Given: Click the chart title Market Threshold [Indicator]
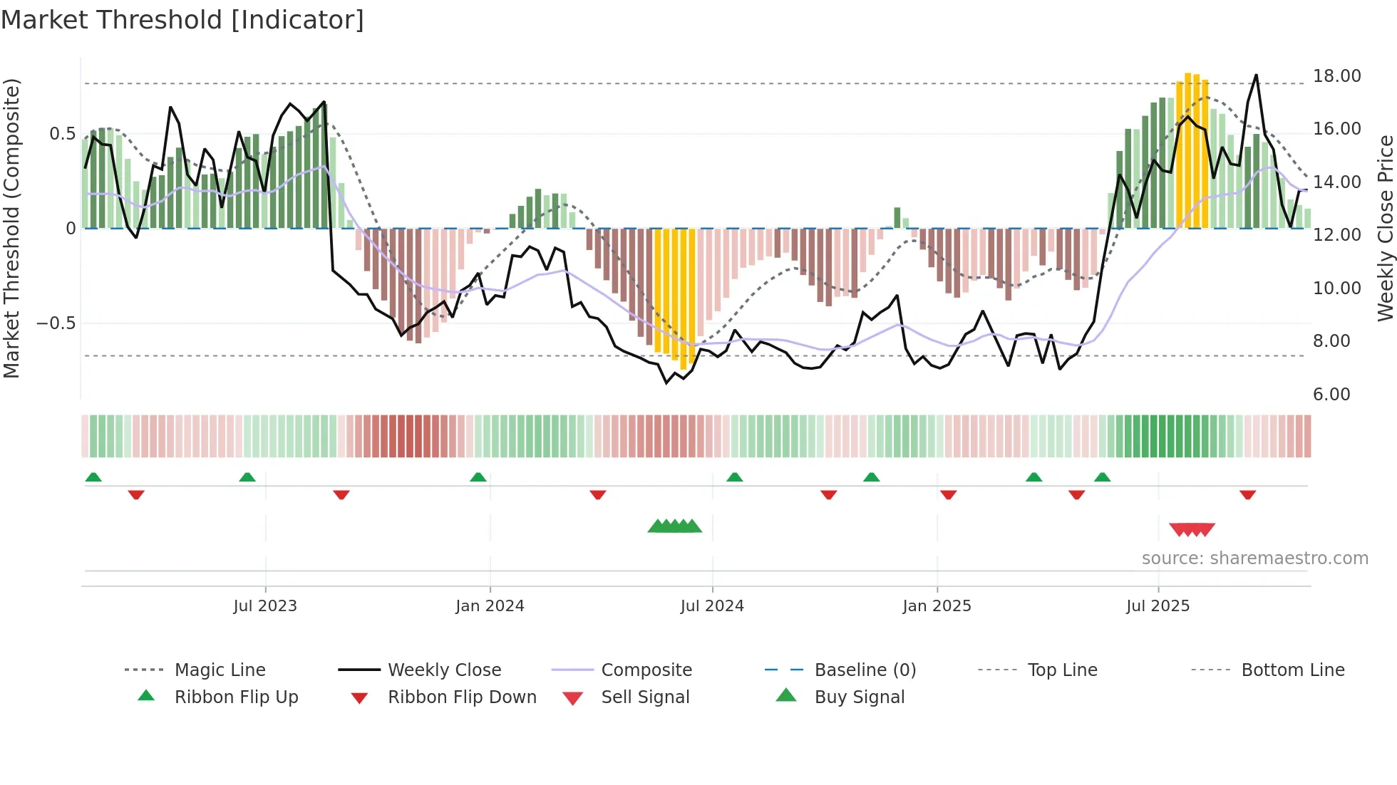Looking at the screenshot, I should click(x=182, y=20).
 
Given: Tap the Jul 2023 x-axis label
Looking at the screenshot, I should click(x=265, y=606).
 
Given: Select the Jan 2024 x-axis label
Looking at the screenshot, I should click(x=490, y=606).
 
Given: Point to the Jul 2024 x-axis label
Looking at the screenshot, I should click(x=712, y=606).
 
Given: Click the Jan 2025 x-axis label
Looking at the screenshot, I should click(x=937, y=606).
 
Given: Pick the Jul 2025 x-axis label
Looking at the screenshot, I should click(x=1158, y=606).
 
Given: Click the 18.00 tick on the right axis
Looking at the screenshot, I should click(x=1336, y=76).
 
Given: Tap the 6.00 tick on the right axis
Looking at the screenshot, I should click(x=1331, y=395).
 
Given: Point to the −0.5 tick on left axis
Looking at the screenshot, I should click(x=56, y=323).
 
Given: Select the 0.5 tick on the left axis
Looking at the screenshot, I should click(x=62, y=134).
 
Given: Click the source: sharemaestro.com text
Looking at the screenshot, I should click(x=1254, y=558).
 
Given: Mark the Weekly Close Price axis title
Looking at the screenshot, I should click(x=1385, y=228).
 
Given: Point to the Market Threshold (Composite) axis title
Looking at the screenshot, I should click(x=11, y=228).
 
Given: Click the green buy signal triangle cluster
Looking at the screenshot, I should click(x=674, y=526).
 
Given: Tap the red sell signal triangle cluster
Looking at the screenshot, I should click(x=1192, y=529).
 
